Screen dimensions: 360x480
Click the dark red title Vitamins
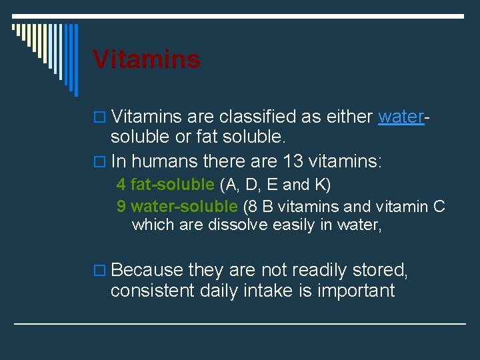(147, 59)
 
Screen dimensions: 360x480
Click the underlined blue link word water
(401, 117)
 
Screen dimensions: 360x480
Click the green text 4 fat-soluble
(165, 184)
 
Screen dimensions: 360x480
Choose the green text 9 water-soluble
(177, 207)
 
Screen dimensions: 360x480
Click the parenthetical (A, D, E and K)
(275, 184)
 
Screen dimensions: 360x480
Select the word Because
(147, 270)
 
